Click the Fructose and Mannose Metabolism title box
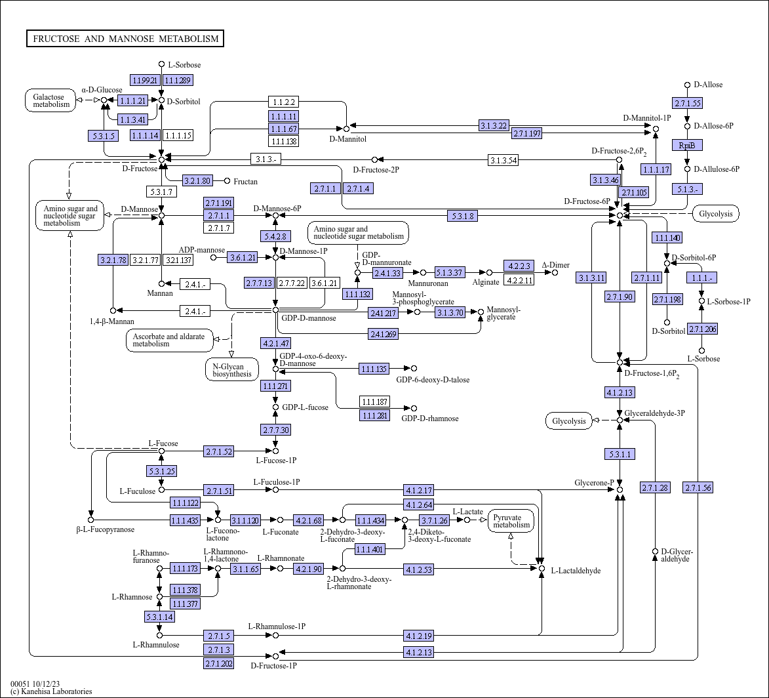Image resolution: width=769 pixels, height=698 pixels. click(125, 38)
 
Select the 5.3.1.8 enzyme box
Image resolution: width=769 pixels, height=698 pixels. click(462, 215)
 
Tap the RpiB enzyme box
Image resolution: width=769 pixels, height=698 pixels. click(687, 145)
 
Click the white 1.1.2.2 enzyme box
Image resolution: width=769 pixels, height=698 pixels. click(283, 102)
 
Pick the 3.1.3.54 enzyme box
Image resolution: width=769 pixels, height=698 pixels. click(503, 161)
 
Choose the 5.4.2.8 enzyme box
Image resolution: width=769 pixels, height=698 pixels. click(275, 237)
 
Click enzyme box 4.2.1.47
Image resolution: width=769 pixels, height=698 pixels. click(275, 343)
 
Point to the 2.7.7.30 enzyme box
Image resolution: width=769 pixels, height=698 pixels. click(275, 430)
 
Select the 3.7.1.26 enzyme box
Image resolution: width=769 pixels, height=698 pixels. click(435, 520)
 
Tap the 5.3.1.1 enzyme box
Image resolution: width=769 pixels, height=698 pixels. click(620, 455)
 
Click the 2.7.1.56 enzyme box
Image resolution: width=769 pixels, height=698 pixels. click(698, 488)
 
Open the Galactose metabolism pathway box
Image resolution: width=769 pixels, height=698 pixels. click(51, 100)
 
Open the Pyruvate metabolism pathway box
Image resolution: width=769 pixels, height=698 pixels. click(511, 522)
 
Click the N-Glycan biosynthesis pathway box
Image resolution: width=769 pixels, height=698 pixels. click(232, 370)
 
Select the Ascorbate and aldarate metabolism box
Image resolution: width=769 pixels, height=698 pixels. click(170, 340)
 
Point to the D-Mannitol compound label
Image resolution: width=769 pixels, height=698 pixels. click(347, 139)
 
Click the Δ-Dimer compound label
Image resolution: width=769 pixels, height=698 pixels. click(556, 265)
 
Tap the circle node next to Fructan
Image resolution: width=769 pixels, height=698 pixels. click(227, 181)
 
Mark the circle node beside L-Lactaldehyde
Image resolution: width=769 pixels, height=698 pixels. click(542, 568)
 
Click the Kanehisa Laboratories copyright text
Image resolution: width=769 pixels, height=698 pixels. click(51, 691)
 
